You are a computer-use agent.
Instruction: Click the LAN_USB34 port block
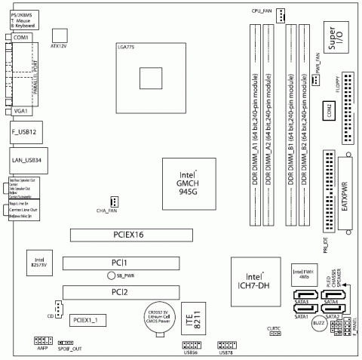tap(23, 161)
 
